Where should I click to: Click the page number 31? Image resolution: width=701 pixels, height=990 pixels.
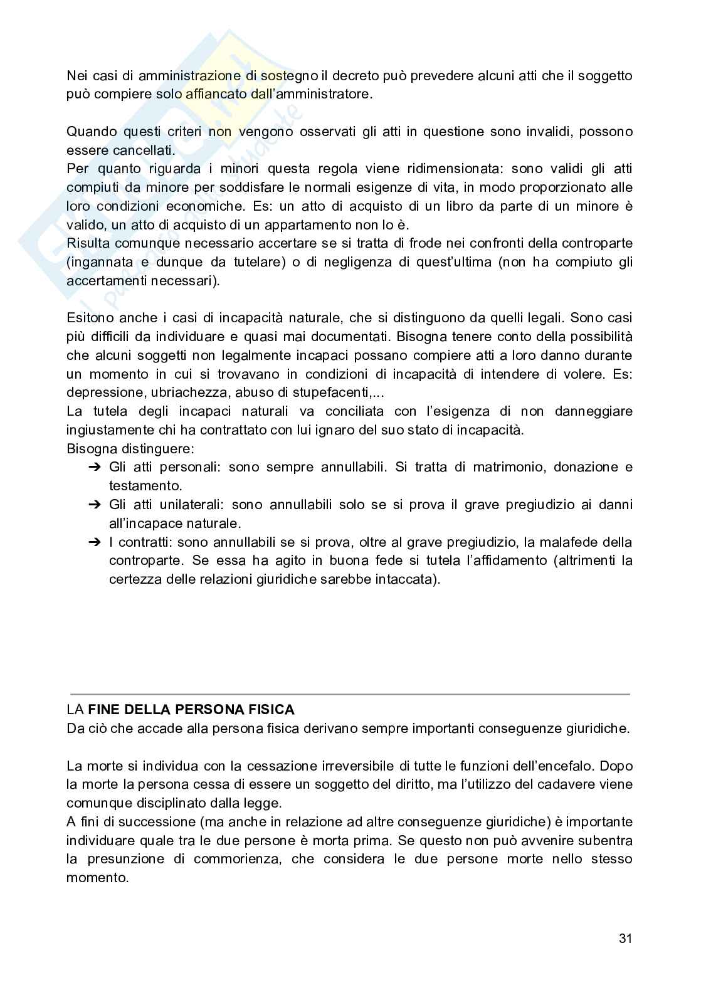[x=625, y=939]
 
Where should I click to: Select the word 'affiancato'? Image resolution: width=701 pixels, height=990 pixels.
[x=214, y=95]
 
